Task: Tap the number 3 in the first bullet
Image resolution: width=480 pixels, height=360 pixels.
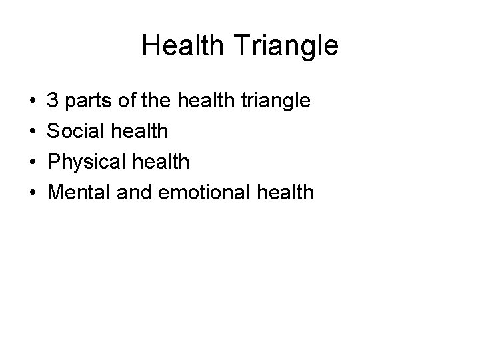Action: click(x=54, y=101)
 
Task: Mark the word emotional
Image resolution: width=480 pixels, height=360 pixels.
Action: click(x=201, y=193)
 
